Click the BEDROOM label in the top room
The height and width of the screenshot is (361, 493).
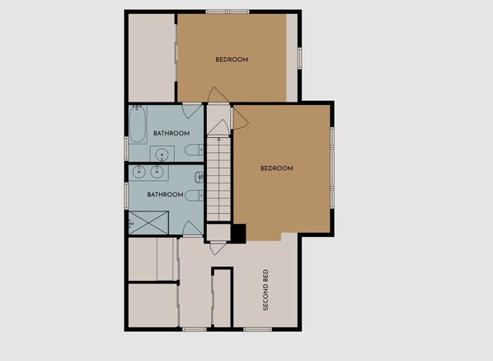tap(232, 59)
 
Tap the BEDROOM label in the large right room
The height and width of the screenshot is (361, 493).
tap(277, 169)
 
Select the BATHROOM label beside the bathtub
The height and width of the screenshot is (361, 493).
tap(171, 133)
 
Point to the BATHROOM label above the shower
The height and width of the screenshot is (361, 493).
tap(165, 195)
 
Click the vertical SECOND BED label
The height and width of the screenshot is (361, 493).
tap(265, 290)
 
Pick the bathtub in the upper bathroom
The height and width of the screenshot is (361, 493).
tap(138, 124)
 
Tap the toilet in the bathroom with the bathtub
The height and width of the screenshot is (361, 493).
tap(194, 150)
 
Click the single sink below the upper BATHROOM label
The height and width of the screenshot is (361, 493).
tap(162, 154)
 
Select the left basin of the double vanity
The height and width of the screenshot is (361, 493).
tap(138, 172)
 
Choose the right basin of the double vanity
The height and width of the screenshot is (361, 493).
tap(156, 172)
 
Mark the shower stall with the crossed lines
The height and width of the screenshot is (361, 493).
tap(148, 223)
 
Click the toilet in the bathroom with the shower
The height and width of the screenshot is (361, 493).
tap(194, 196)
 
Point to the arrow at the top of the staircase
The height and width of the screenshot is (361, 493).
tap(218, 140)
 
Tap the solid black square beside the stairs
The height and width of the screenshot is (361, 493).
tap(238, 234)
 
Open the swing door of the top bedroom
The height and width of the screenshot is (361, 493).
tap(218, 94)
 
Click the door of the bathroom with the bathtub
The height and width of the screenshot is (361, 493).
tap(192, 112)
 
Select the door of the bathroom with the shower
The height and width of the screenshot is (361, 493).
tap(192, 228)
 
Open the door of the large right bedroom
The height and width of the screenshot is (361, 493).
tap(240, 118)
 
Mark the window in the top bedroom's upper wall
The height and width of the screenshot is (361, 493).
tap(228, 12)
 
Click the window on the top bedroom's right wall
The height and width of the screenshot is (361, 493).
tap(299, 59)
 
